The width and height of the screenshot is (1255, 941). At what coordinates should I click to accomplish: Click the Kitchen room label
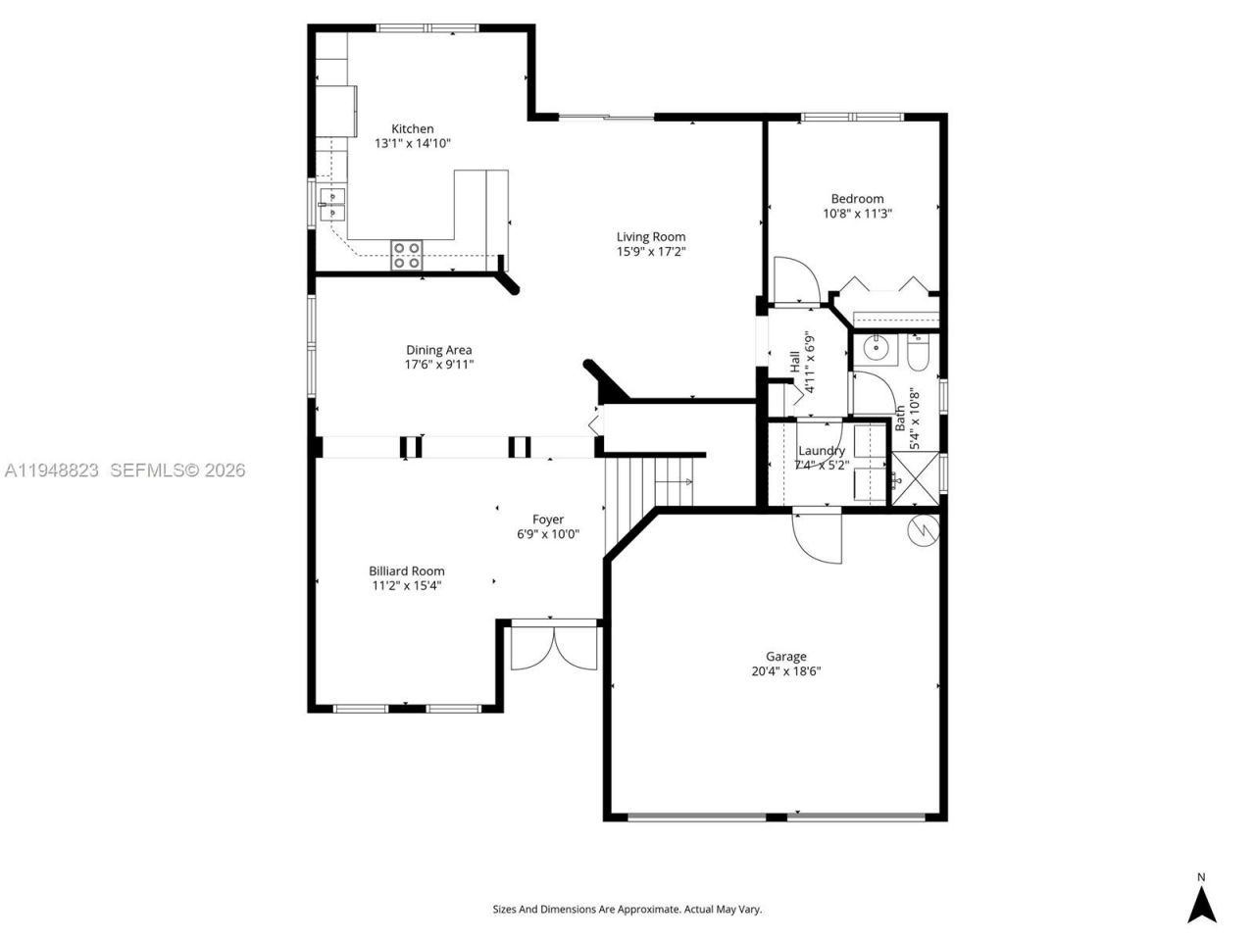click(412, 128)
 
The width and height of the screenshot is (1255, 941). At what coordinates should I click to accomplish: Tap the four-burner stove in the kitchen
click(407, 255)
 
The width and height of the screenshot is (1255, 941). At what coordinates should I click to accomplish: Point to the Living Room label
click(650, 236)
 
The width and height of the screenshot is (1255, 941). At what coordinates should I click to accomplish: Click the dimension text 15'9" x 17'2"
click(650, 252)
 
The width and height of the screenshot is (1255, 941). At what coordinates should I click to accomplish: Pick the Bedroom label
click(857, 198)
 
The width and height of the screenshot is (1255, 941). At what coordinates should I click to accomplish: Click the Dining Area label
click(438, 350)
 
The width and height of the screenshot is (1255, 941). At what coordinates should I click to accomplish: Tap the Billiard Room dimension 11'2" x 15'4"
click(406, 586)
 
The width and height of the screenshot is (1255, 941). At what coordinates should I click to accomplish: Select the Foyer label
click(547, 520)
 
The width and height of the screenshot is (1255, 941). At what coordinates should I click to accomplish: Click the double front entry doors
click(554, 647)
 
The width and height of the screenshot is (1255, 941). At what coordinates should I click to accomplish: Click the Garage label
click(785, 657)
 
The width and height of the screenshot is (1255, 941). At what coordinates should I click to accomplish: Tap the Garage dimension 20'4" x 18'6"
click(785, 672)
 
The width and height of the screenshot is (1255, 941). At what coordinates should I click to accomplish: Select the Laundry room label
click(821, 451)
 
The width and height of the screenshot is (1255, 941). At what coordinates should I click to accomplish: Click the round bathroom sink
click(872, 348)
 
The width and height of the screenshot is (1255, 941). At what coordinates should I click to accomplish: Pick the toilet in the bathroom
click(919, 352)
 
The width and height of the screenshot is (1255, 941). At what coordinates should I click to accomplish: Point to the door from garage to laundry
click(817, 537)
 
